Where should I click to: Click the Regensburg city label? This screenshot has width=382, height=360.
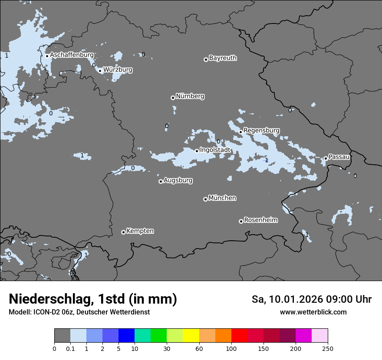(261, 131)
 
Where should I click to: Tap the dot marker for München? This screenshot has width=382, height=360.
(205, 199)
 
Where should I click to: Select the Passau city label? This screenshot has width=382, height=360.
(339, 157)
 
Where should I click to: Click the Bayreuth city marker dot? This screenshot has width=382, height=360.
(206, 59)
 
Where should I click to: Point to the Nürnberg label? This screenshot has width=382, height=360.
(190, 96)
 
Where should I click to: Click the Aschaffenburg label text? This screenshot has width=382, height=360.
(72, 55)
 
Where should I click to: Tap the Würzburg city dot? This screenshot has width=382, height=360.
(100, 71)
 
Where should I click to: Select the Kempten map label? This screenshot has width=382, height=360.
(140, 231)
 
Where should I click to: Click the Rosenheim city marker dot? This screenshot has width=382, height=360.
(241, 221)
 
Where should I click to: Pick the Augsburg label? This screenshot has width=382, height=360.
(178, 180)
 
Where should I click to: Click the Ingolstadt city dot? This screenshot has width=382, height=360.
(197, 151)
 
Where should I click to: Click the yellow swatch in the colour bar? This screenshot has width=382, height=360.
(191, 336)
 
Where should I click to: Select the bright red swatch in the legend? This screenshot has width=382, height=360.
(239, 336)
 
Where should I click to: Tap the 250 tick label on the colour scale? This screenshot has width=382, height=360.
(327, 348)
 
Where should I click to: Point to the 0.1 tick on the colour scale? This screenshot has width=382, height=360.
(70, 348)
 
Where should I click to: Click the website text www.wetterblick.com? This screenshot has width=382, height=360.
(313, 312)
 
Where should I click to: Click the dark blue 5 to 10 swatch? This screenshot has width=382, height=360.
(126, 336)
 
